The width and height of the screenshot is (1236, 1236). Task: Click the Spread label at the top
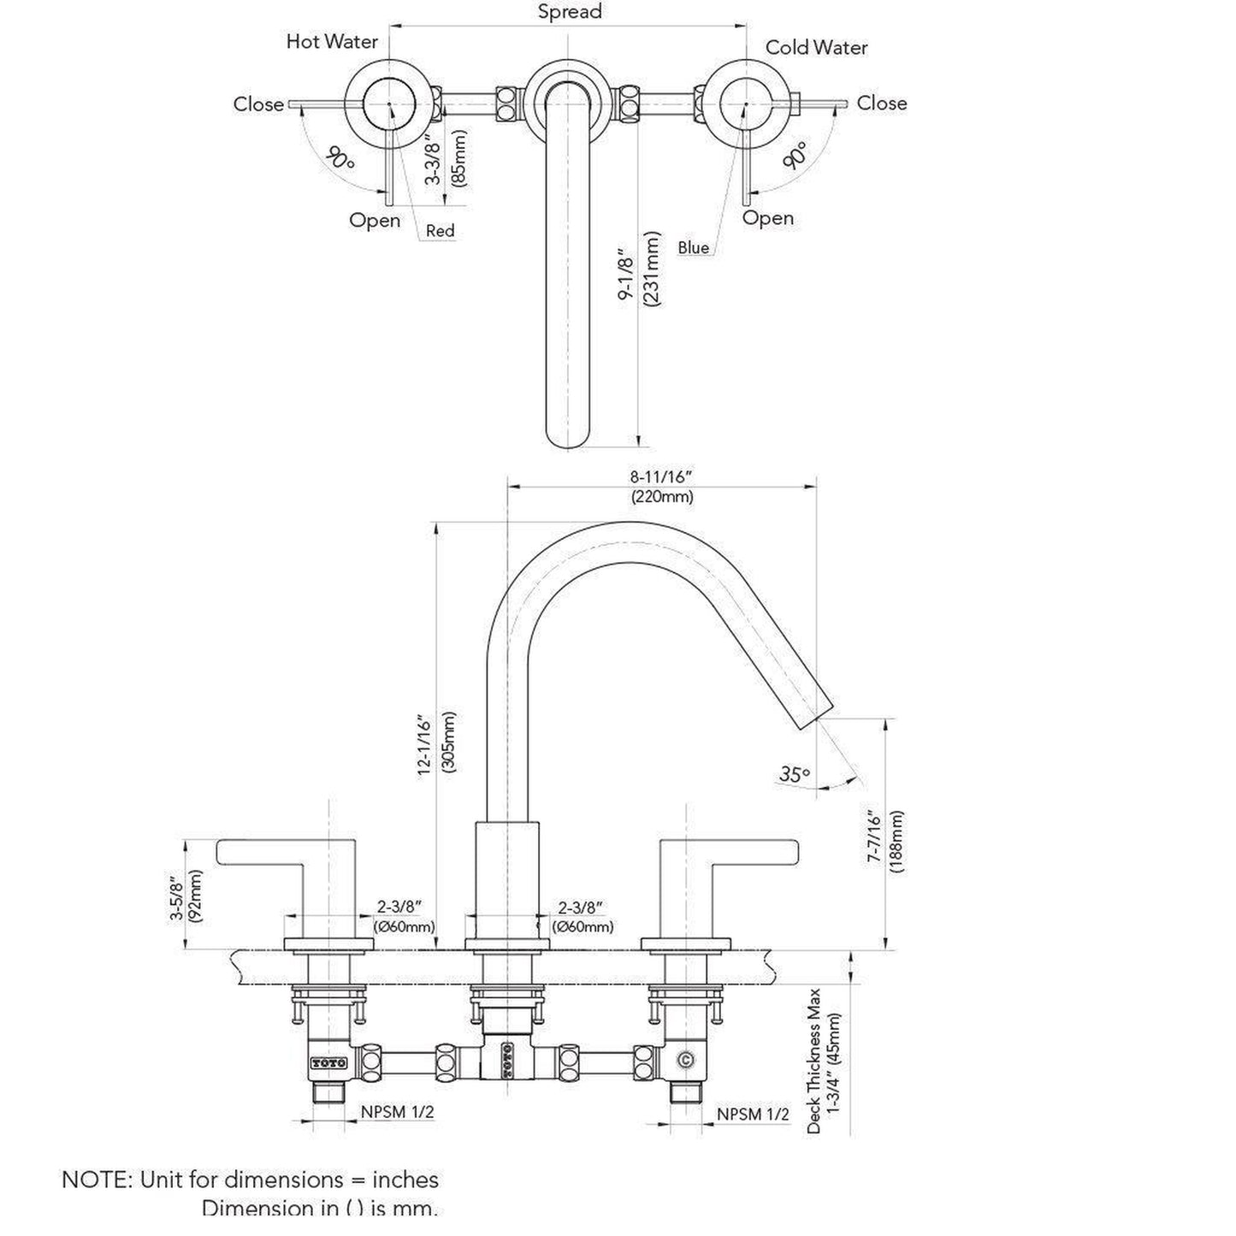point(569,12)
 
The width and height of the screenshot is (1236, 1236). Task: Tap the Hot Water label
point(332,41)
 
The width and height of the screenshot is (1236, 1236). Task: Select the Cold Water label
point(816,47)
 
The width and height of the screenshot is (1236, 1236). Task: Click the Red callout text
point(441,231)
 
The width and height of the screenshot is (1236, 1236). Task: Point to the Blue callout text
point(694,248)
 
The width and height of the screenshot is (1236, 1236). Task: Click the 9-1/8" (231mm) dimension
point(642,268)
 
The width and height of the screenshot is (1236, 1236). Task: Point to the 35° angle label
point(794,774)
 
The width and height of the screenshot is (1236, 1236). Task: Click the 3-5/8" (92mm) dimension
point(186,896)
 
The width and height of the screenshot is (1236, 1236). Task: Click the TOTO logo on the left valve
point(328,1062)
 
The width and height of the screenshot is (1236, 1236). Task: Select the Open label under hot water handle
point(375,220)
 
